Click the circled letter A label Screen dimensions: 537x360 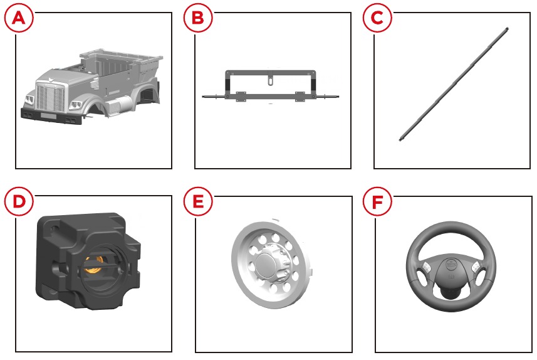click(19, 18)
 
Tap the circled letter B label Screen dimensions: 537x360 click(198, 18)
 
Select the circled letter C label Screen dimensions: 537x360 click(377, 18)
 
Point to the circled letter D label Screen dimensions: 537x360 click(19, 201)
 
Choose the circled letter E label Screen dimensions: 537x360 click(198, 201)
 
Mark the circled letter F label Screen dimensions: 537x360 click(377, 202)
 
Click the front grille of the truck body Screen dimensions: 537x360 click(50, 98)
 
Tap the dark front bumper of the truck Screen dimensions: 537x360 click(51, 116)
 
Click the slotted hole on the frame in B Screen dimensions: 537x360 click(271, 82)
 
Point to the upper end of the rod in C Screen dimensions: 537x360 click(506, 29)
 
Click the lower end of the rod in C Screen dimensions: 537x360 click(400, 139)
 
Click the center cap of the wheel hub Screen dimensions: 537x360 click(267, 262)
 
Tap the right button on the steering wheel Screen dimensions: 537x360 click(476, 267)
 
